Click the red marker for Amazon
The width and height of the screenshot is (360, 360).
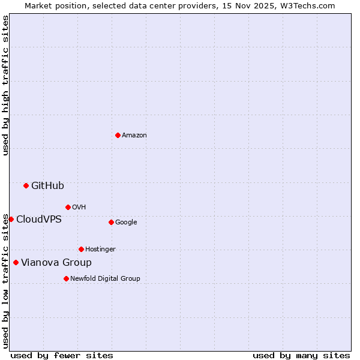coord(118,135)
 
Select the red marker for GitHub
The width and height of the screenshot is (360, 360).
coord(26,185)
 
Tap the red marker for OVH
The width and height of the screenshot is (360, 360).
coord(68,207)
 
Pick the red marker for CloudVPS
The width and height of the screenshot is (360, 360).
coord(11,219)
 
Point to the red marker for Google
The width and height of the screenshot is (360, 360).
coord(111,222)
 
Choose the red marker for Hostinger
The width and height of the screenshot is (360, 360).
coord(81,249)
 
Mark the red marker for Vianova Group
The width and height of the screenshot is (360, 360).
coord(16,262)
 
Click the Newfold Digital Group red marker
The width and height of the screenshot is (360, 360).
coord(66,278)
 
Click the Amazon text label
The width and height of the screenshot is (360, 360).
coord(134,136)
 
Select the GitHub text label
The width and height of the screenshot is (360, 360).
coord(47,186)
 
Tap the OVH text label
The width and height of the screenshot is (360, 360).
coord(79,208)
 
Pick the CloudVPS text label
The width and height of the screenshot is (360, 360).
coord(39,220)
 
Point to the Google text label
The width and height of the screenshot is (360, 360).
coord(126,223)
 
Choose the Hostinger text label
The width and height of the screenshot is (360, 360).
coord(100,250)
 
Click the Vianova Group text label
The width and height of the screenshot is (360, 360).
coord(56,263)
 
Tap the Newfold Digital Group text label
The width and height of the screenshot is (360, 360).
coord(105,279)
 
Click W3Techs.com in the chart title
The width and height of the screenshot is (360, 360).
coord(306,5)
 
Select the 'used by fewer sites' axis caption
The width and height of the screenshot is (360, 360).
coord(62,355)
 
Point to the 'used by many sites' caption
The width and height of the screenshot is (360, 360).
coord(301,355)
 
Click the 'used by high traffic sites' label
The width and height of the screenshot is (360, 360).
coord(5,86)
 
